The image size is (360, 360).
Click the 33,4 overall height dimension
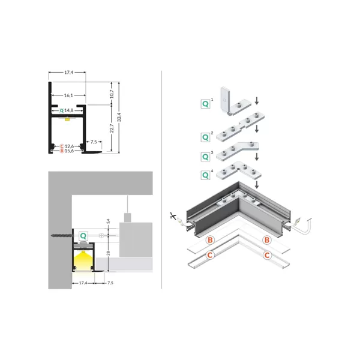119,118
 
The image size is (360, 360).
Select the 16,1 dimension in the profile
68,95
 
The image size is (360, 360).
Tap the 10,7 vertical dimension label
112,94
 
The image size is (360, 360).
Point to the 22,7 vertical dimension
112,128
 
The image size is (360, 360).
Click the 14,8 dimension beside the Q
69,110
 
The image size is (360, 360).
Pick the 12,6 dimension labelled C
70,146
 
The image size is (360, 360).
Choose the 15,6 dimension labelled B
70,151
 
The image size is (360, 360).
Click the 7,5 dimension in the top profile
94,142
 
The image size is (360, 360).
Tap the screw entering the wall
62,236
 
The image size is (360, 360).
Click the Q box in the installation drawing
83,236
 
